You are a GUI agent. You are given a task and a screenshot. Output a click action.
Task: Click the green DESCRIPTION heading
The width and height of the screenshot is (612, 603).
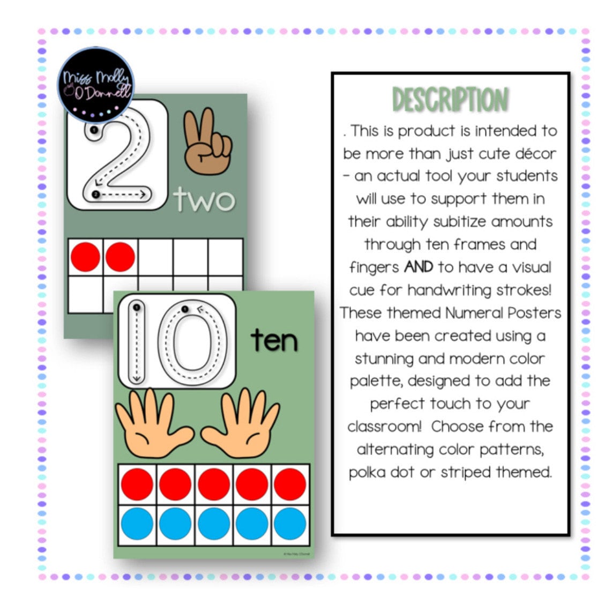(x=450, y=100)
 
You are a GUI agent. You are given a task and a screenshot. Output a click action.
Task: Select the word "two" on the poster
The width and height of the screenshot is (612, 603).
(x=204, y=200)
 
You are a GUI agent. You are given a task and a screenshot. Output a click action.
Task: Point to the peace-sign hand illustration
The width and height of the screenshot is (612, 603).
(x=207, y=140)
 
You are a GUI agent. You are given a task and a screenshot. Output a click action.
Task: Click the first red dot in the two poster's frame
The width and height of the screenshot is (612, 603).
(x=85, y=257)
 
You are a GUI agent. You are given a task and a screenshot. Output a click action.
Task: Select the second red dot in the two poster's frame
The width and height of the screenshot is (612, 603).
(x=120, y=257)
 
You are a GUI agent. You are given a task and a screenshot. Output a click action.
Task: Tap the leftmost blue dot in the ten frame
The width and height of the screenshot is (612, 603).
(x=137, y=524)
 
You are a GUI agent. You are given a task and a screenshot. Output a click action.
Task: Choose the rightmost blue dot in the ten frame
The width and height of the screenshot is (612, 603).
(x=290, y=524)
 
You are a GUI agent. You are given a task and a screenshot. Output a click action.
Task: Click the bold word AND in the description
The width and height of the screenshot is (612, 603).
(x=418, y=267)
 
